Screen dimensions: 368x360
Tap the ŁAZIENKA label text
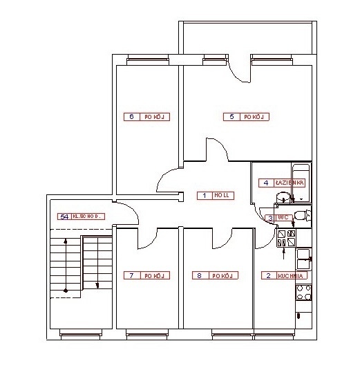point(289,183)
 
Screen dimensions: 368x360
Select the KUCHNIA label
point(290,275)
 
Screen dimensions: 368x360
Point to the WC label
point(283,217)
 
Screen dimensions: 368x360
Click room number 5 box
point(232,117)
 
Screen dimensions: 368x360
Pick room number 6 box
point(132,117)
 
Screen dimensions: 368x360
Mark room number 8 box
point(200,275)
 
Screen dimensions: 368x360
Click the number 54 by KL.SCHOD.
point(64,217)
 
